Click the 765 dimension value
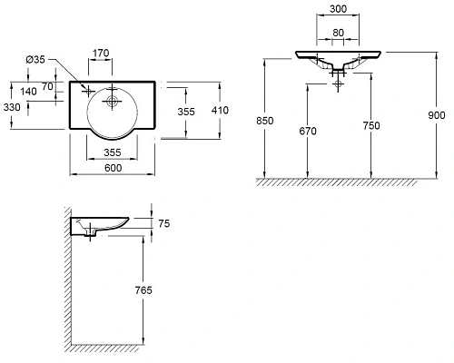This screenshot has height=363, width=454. click(141, 290)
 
